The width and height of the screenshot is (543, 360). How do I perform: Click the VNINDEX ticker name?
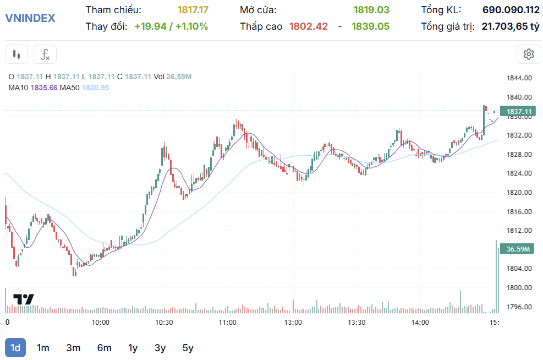pyautogui.click(x=30, y=18)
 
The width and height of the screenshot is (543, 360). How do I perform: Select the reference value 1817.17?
pyautogui.click(x=193, y=10)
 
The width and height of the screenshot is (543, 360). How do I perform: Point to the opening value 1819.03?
pyautogui.click(x=371, y=10)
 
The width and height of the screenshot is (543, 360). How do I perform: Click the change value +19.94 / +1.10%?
pyautogui.click(x=171, y=26)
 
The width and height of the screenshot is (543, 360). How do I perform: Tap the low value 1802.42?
pyautogui.click(x=309, y=26)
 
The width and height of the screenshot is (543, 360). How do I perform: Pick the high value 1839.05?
pyautogui.click(x=371, y=26)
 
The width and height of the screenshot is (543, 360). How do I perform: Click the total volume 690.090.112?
pyautogui.click(x=511, y=10)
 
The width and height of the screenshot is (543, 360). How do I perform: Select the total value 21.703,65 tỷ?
pyautogui.click(x=511, y=26)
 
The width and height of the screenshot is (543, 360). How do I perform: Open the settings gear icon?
pyautogui.click(x=529, y=54)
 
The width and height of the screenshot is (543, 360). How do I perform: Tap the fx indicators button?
pyautogui.click(x=45, y=54)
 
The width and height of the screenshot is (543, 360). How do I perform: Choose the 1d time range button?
pyautogui.click(x=15, y=348)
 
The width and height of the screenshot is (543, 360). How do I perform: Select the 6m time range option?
pyautogui.click(x=104, y=348)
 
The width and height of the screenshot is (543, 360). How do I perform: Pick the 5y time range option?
pyautogui.click(x=188, y=348)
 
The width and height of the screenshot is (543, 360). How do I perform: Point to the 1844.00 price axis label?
pyautogui.click(x=519, y=78)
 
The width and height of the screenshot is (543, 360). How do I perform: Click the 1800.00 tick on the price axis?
pyautogui.click(x=519, y=287)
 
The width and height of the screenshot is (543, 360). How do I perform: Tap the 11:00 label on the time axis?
pyautogui.click(x=228, y=322)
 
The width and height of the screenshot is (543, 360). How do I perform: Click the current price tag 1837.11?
pyautogui.click(x=519, y=111)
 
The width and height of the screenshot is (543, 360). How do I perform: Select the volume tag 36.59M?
pyautogui.click(x=518, y=249)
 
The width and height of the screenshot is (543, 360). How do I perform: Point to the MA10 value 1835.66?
pyautogui.click(x=44, y=88)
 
